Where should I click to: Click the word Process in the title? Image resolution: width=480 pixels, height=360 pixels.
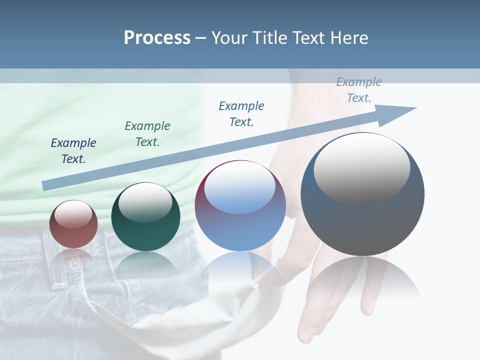[x=157, y=38]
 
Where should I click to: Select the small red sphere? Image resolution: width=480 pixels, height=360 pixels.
[x=73, y=224]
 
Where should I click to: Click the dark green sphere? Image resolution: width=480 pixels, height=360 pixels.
[x=145, y=216]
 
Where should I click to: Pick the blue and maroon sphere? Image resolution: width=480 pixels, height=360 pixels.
[x=240, y=205]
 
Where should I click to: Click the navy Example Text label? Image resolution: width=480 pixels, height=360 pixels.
[x=73, y=150]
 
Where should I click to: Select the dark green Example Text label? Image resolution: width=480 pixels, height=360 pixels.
[x=147, y=133]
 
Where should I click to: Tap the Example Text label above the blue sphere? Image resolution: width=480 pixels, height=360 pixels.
[x=241, y=113]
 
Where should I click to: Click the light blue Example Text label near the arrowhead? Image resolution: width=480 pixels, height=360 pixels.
[x=359, y=89]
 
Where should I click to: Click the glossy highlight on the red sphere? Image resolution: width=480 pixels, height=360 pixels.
[x=73, y=214]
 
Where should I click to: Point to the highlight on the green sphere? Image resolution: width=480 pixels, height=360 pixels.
[x=145, y=202]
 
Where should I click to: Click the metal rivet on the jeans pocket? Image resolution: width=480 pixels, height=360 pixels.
[x=74, y=262]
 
